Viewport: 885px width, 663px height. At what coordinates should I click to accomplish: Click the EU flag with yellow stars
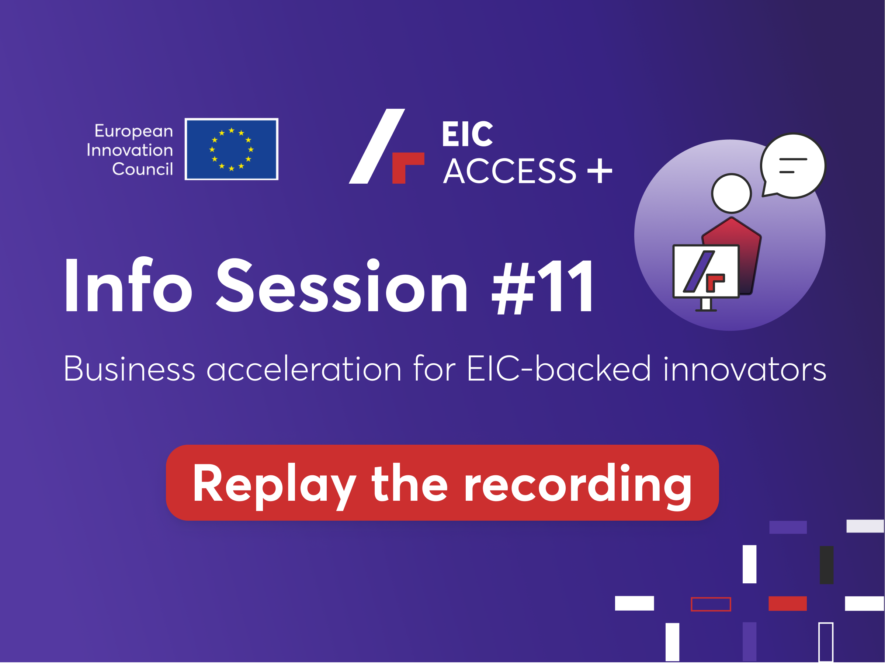point(231,149)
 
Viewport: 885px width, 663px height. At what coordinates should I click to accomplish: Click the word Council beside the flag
point(142,169)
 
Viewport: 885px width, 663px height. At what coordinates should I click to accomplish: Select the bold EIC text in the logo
point(467,134)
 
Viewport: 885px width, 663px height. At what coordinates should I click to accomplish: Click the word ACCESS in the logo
point(510,171)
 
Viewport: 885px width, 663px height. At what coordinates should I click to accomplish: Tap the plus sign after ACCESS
point(600,171)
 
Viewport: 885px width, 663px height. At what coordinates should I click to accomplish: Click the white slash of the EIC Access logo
point(377,146)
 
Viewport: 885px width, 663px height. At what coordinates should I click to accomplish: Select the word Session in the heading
point(342,285)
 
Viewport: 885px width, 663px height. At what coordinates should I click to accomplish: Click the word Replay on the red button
point(274,486)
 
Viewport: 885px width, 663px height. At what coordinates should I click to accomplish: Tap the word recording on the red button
point(578,486)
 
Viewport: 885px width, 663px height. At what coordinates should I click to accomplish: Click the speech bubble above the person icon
point(793,166)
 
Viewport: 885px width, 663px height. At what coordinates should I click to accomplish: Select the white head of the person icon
point(731,193)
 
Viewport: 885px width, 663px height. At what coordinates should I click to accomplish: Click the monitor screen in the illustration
point(706,271)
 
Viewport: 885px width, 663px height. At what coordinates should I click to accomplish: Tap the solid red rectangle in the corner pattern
point(787,603)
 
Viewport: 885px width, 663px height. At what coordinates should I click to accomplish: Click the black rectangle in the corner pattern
point(827,565)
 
